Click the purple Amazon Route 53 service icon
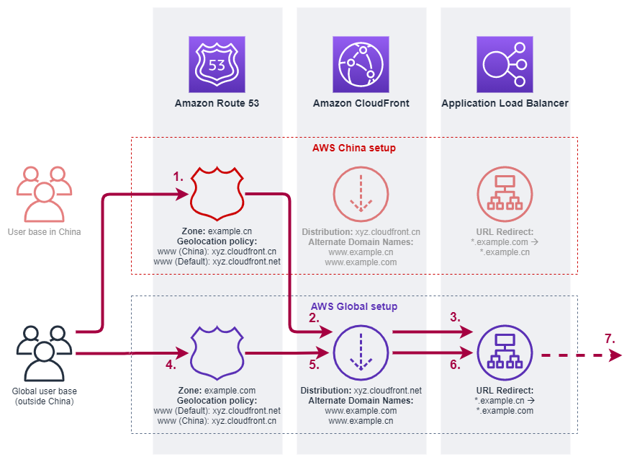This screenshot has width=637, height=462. pyautogui.click(x=217, y=65)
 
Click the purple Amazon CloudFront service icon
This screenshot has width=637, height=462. pyautogui.click(x=361, y=65)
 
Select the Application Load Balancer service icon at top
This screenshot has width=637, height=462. pyautogui.click(x=505, y=65)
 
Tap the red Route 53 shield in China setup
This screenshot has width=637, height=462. pyautogui.click(x=217, y=194)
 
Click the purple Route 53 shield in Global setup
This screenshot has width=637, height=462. pyautogui.click(x=217, y=353)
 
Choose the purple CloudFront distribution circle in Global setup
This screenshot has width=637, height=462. pyautogui.click(x=361, y=353)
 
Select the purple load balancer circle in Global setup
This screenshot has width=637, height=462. pyautogui.click(x=505, y=353)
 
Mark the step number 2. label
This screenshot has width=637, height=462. pyautogui.click(x=314, y=317)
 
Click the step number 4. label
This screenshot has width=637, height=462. pyautogui.click(x=171, y=365)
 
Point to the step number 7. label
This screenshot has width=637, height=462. pyautogui.click(x=610, y=337)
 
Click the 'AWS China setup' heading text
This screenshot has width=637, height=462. pyautogui.click(x=353, y=148)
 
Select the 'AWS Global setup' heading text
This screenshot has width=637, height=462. pyautogui.click(x=353, y=306)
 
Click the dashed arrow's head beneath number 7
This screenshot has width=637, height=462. pyautogui.click(x=615, y=355)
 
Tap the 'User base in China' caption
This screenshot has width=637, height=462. pyautogui.click(x=44, y=232)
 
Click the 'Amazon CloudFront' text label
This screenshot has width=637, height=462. pyautogui.click(x=361, y=104)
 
